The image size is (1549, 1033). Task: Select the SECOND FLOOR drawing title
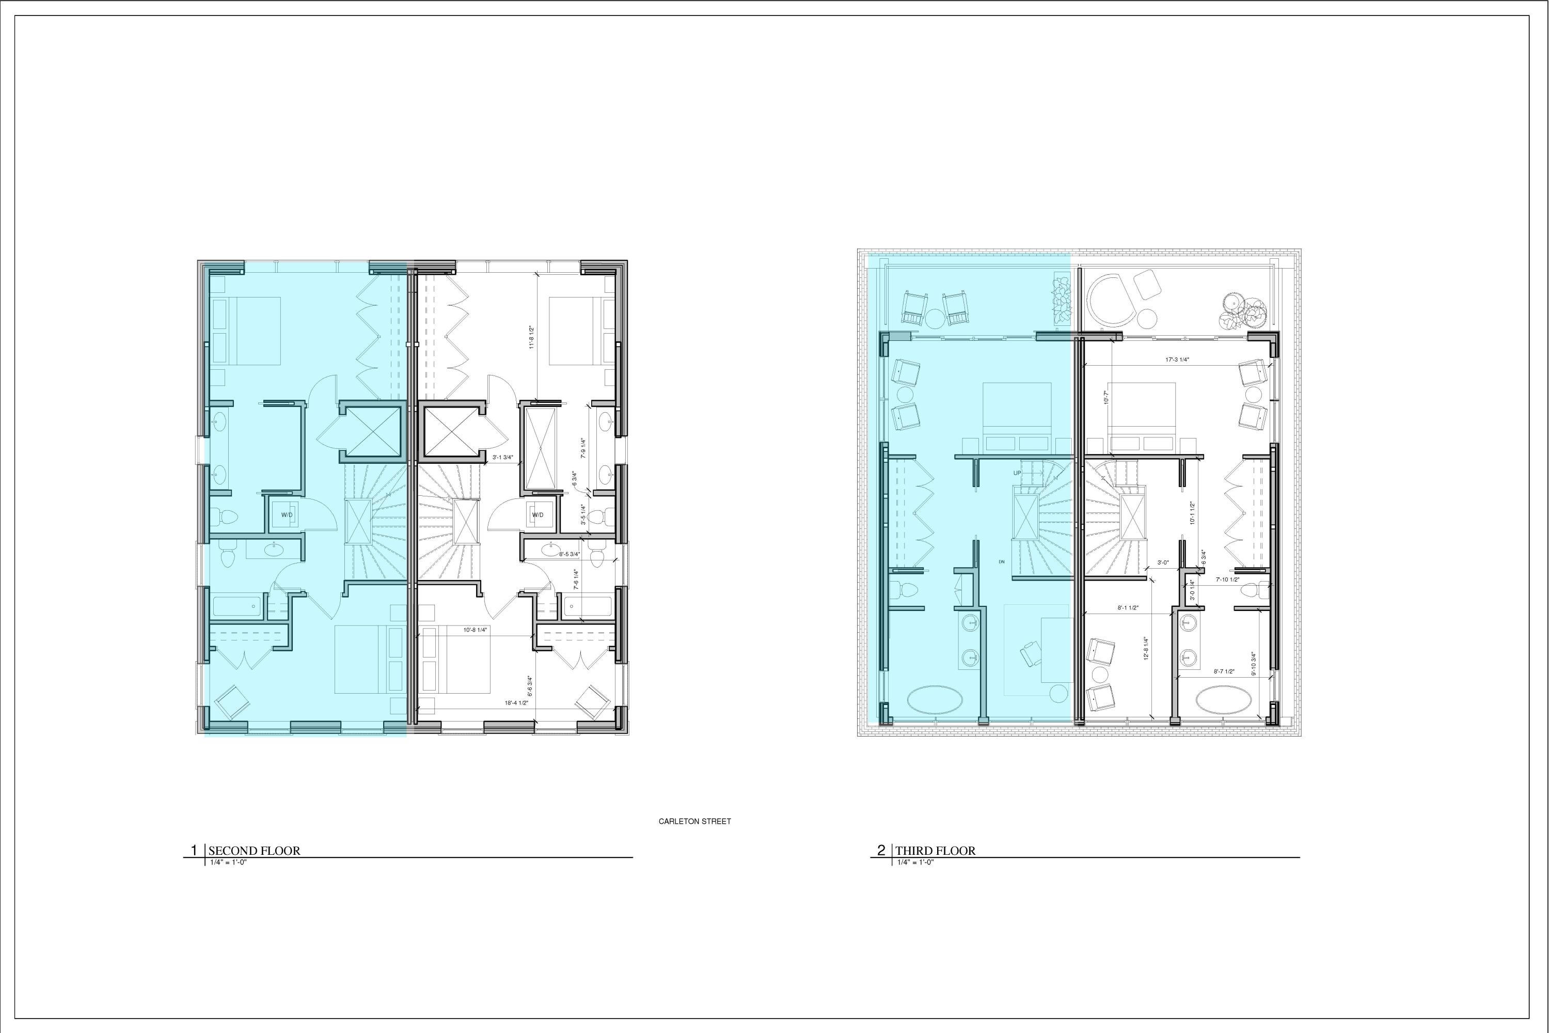click(x=254, y=851)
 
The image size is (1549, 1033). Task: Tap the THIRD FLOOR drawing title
click(x=935, y=851)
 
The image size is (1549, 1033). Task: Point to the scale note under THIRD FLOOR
click(x=915, y=863)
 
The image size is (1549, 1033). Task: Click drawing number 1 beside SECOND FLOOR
click(x=194, y=851)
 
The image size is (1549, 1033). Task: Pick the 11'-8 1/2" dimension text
click(x=531, y=337)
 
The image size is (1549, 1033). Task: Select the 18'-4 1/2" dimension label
click(x=517, y=703)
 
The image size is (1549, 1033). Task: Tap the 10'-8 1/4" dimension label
click(x=475, y=630)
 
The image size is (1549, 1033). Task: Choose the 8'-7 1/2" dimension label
click(x=1224, y=672)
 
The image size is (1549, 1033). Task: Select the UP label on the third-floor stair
click(x=1017, y=473)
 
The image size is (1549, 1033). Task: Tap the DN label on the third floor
click(x=1001, y=562)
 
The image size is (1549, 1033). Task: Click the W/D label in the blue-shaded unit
click(x=287, y=514)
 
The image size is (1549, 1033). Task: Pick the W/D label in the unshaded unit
click(x=538, y=514)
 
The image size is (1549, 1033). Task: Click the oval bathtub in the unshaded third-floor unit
click(x=1222, y=700)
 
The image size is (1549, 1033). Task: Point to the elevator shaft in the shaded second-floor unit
click(x=373, y=431)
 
